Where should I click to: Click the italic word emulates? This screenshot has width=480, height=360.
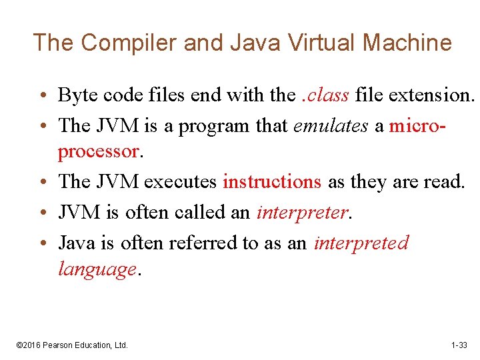click(x=330, y=125)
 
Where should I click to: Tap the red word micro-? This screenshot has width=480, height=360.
click(x=417, y=125)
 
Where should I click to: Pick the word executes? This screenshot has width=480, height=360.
click(x=181, y=181)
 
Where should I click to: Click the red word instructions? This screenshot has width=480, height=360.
click(x=272, y=181)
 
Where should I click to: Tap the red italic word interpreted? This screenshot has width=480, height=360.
click(x=361, y=243)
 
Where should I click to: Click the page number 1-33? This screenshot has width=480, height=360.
click(x=459, y=345)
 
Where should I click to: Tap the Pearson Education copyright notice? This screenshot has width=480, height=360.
click(x=72, y=345)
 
